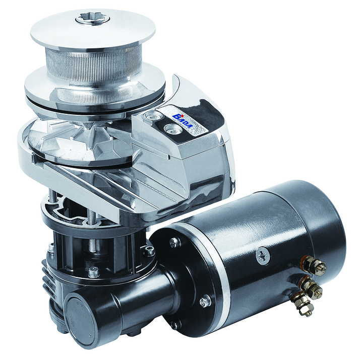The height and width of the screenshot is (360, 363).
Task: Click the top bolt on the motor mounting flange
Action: [x=174, y=242]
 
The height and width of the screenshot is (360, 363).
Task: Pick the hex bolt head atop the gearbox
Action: [x=94, y=272]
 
